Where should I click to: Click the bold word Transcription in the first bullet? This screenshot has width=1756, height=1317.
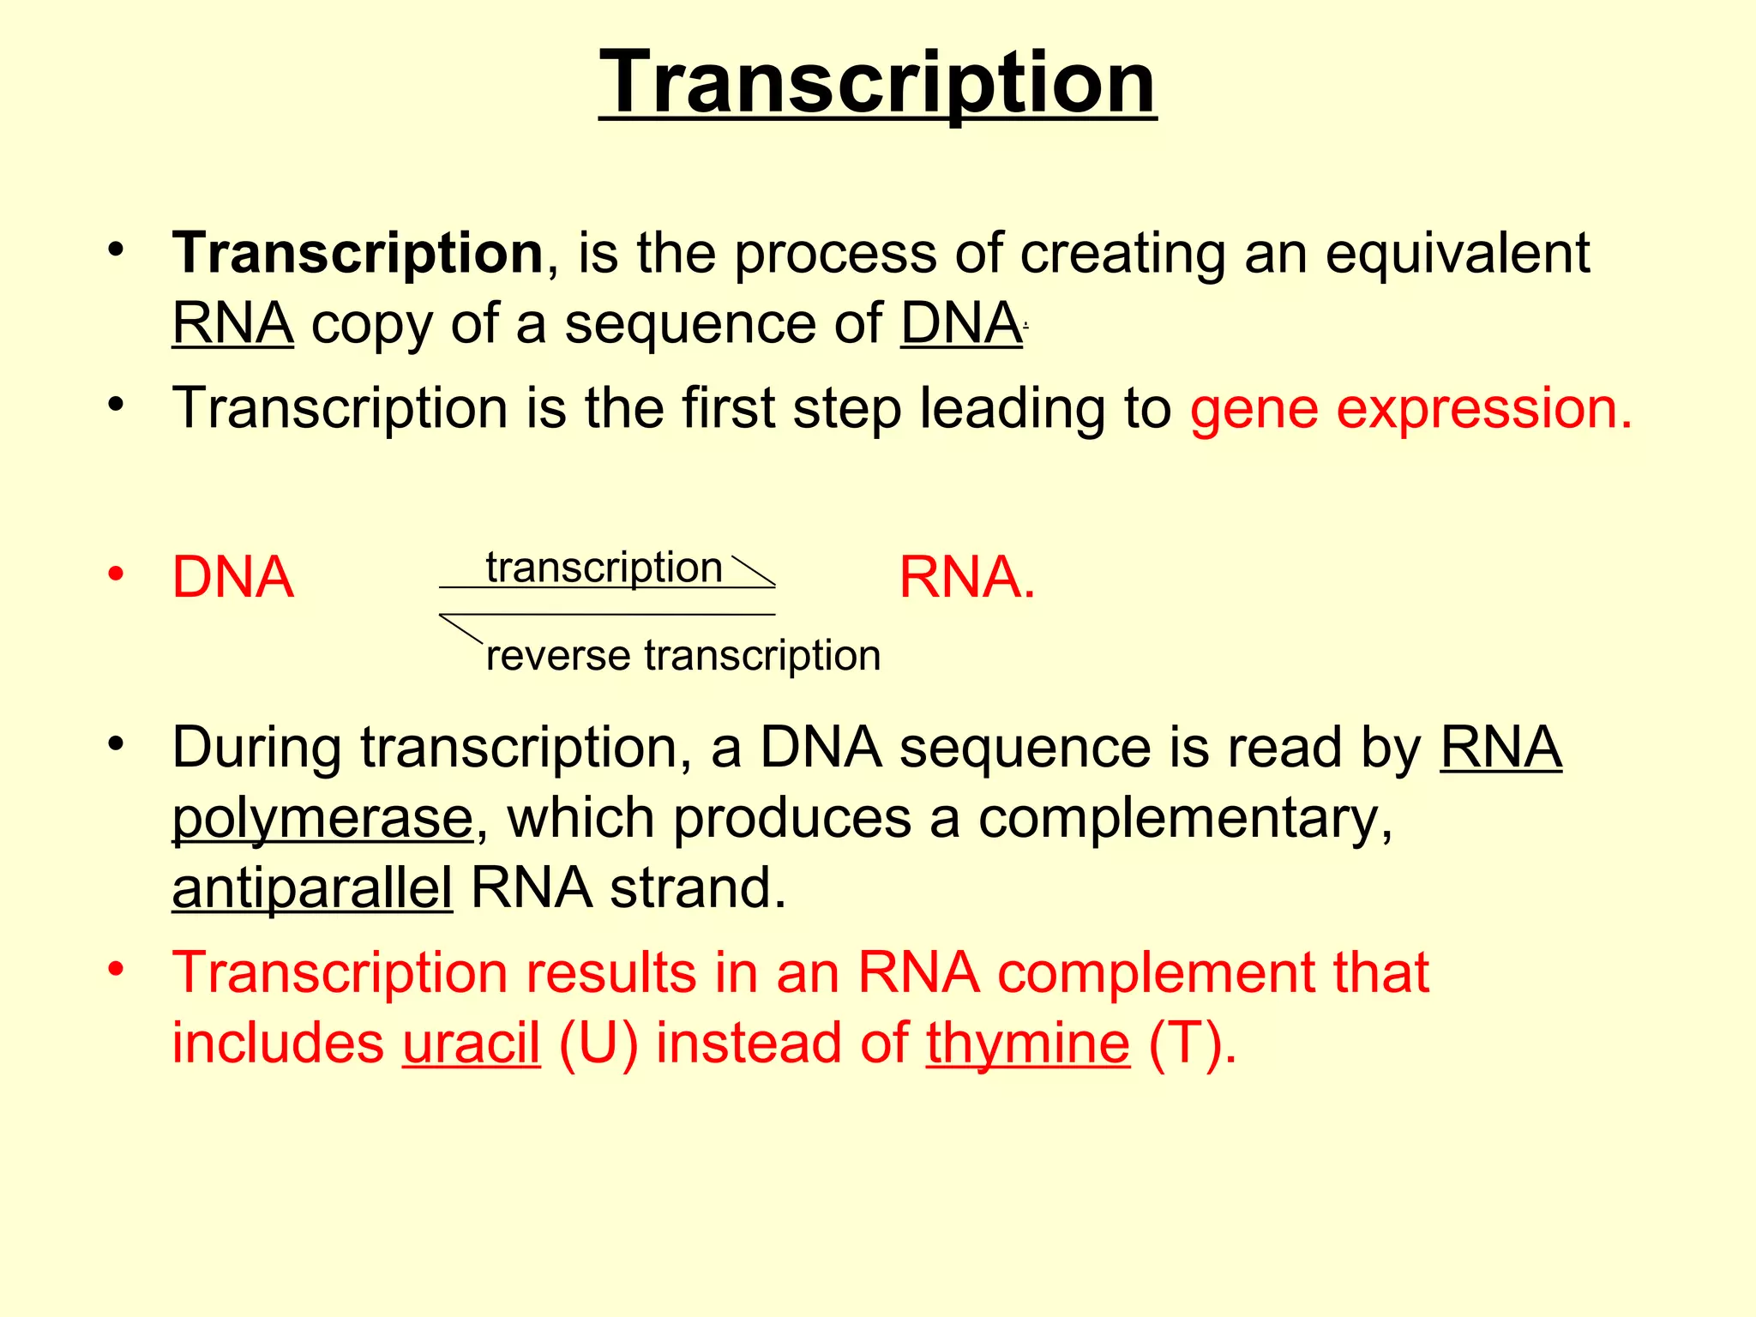coord(358,254)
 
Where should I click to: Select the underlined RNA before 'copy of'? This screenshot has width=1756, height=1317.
coord(232,324)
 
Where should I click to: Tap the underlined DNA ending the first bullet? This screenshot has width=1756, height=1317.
coord(960,324)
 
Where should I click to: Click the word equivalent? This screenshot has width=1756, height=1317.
coord(1457,254)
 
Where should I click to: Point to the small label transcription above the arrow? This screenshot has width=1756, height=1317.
coord(604,568)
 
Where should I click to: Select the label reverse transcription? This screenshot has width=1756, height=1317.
coord(683,656)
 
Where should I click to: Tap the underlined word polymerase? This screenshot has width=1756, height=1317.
coord(322,818)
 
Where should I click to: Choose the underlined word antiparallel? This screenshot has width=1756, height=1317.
coord(312,888)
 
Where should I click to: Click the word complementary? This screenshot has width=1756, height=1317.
coord(1185,818)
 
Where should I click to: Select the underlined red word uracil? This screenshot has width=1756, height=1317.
coord(471,1043)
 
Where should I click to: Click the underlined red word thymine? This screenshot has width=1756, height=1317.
coord(1027,1043)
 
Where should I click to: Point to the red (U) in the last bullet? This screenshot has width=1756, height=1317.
coord(598,1043)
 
